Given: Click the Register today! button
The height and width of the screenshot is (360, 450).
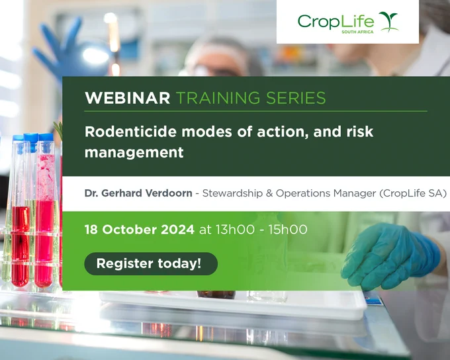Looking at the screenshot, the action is (151, 263).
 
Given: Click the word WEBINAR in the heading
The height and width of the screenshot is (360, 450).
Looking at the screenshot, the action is (128, 98).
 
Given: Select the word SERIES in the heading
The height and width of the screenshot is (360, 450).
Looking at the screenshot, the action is (296, 98).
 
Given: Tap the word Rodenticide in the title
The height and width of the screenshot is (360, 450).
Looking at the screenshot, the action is (130, 132).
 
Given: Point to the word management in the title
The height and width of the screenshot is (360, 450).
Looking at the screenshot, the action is (134, 152).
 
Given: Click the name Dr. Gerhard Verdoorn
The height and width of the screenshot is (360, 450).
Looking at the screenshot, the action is (138, 193).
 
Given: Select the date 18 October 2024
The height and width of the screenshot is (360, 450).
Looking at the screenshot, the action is (140, 230).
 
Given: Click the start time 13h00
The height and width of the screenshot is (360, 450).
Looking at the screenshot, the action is (235, 230).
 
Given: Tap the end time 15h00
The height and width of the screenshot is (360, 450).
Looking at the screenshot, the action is (288, 230).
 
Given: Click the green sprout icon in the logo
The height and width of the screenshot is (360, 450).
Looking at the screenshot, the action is (389, 22).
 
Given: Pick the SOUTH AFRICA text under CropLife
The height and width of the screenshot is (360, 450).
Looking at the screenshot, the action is (357, 32).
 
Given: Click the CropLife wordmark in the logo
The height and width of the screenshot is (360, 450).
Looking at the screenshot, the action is (336, 22).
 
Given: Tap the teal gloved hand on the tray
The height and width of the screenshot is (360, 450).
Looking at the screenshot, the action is (390, 256).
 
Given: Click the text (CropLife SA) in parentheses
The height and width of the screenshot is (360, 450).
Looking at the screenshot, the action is (413, 193).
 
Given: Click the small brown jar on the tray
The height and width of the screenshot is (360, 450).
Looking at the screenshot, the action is (216, 294).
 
